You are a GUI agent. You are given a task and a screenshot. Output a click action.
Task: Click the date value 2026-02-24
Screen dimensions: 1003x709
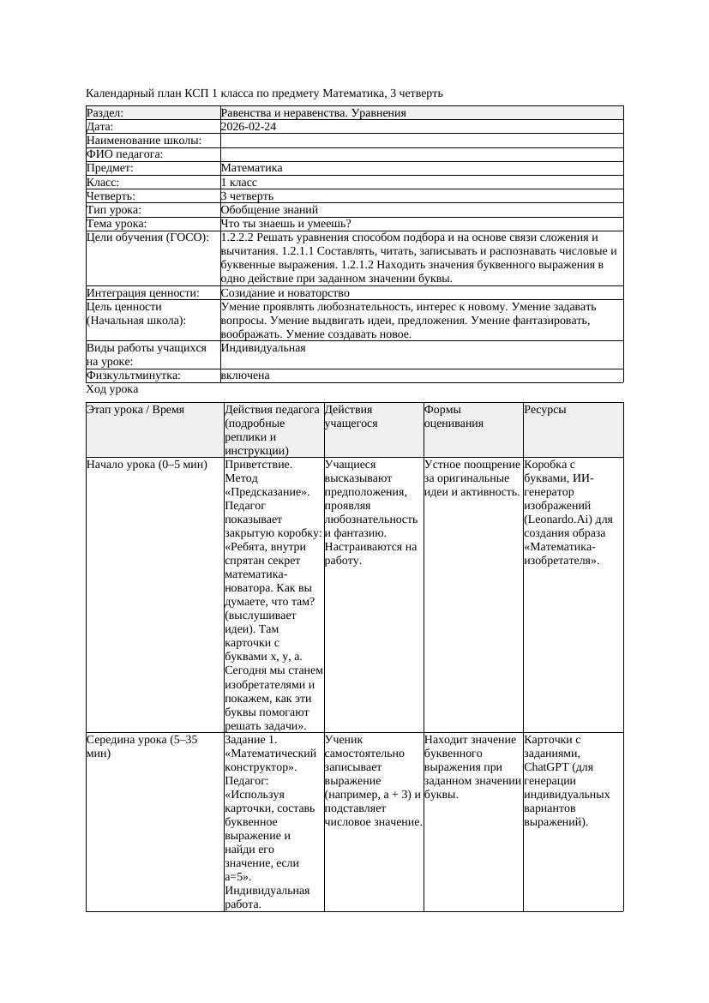pos(249,127)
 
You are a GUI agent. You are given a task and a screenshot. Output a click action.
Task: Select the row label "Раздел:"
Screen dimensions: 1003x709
pos(105,113)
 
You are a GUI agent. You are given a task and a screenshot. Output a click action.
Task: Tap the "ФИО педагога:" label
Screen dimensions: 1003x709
pos(125,154)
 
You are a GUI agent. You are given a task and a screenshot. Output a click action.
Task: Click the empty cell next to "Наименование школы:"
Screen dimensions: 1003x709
pos(420,141)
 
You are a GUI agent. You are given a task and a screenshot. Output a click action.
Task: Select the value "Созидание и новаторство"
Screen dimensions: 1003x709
pos(285,293)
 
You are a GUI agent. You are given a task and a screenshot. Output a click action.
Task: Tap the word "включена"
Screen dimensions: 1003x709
pos(245,375)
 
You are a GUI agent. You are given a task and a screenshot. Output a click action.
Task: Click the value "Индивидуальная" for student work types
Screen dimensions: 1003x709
pos(263,348)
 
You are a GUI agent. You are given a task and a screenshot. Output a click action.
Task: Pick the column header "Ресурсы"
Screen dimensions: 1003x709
pos(545,410)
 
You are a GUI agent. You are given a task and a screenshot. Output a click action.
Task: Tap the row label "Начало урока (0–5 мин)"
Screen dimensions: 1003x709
pos(147,465)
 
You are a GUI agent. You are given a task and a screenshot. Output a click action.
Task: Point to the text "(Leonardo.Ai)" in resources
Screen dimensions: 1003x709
pos(568,520)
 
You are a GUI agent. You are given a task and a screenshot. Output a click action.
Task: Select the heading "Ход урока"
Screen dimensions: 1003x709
pos(112,389)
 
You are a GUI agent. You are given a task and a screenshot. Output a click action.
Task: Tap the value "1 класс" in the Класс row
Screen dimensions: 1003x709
pos(239,182)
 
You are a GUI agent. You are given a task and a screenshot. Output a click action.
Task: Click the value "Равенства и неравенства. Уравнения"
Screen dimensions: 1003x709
pos(313,113)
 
